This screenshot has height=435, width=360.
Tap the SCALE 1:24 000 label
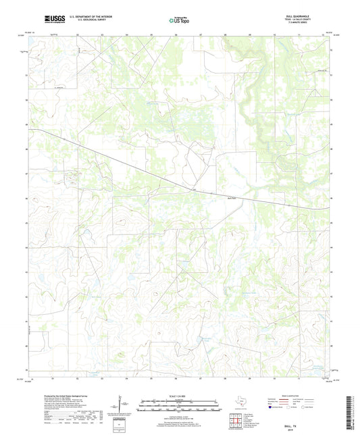click(180, 395)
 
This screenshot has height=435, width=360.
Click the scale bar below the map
click(180, 405)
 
